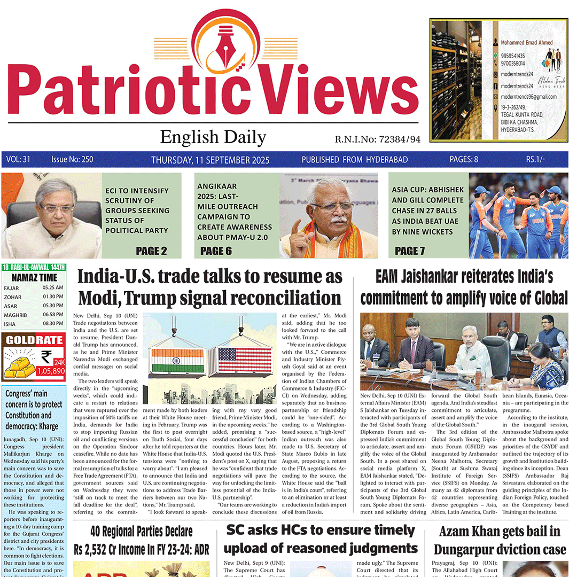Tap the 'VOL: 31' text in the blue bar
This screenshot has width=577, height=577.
(x=18, y=159)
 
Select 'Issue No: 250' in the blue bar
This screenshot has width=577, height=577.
(x=72, y=159)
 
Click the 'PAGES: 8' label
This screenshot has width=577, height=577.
(x=464, y=159)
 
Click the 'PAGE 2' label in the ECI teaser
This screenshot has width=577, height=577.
(x=151, y=251)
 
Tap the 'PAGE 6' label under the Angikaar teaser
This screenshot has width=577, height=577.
(x=216, y=251)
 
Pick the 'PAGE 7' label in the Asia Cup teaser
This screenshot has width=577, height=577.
(x=410, y=251)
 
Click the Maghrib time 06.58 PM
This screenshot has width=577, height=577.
(x=53, y=315)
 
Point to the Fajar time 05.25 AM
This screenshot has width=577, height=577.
(x=53, y=287)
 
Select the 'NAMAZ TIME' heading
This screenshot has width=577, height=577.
(x=34, y=278)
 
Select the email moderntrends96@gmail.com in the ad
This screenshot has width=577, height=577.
(x=529, y=97)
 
